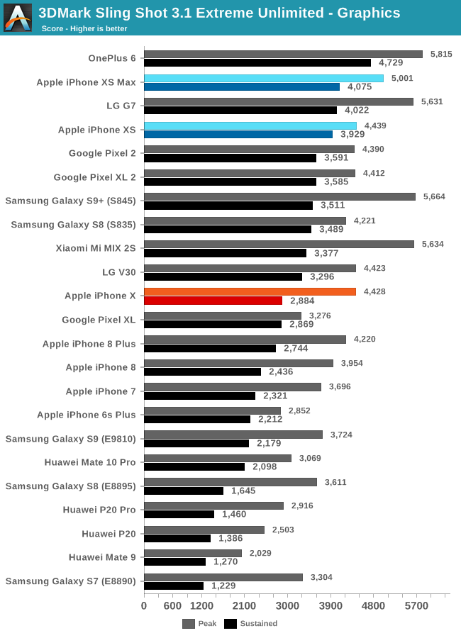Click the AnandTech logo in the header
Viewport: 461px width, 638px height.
point(18,18)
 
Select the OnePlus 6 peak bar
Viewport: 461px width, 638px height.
point(283,54)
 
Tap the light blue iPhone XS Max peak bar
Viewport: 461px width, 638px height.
point(264,78)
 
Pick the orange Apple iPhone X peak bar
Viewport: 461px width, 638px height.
point(250,291)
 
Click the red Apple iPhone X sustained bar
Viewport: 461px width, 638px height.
point(213,301)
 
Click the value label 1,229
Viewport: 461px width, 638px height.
point(223,586)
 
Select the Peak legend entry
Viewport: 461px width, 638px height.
point(199,624)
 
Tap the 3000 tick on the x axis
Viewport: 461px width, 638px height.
point(287,606)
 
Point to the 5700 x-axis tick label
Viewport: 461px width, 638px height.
point(416,606)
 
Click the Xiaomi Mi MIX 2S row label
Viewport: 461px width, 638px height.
point(96,248)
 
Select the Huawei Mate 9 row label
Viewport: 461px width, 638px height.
point(102,556)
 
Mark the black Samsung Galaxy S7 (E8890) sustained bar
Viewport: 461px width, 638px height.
point(174,586)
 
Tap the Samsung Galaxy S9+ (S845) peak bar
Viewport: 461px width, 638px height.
point(279,196)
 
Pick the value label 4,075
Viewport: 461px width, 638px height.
point(360,87)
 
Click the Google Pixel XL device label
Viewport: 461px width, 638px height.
point(99,320)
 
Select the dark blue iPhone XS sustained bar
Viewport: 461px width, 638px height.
point(238,134)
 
